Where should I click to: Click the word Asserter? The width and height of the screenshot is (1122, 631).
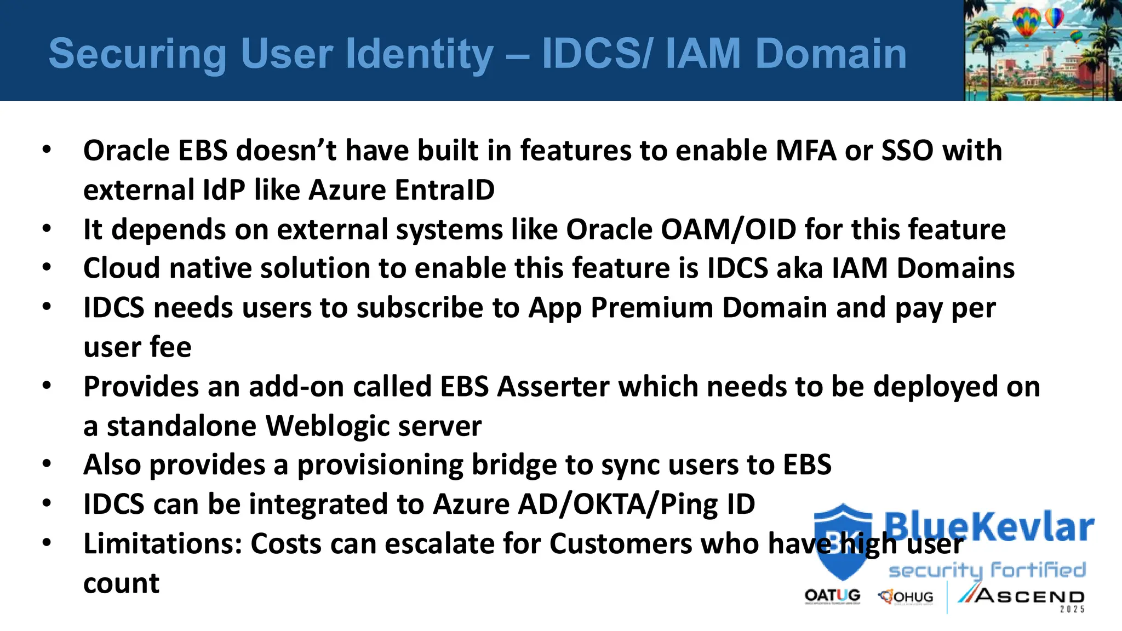(x=553, y=387)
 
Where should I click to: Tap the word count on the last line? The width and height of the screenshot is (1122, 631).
(x=121, y=583)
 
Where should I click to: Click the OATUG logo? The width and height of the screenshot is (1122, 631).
(x=832, y=596)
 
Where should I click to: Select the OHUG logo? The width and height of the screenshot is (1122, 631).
(x=906, y=596)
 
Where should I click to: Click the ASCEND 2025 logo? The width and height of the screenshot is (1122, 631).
(x=1022, y=598)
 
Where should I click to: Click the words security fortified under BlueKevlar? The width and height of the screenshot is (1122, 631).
(x=987, y=570)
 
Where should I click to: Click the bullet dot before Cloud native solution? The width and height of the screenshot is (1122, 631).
(x=47, y=267)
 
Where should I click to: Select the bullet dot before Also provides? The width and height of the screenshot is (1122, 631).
(x=47, y=464)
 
